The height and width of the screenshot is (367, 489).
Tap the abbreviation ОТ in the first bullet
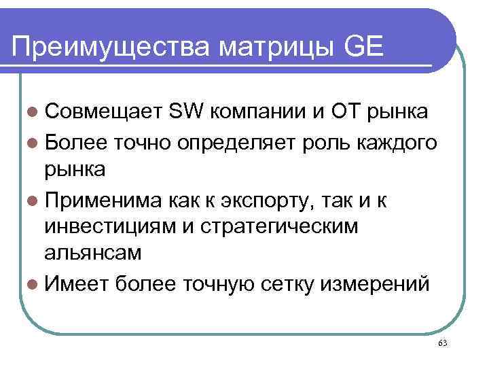[x=344, y=112]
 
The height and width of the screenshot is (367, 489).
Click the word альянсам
[x=93, y=254]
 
